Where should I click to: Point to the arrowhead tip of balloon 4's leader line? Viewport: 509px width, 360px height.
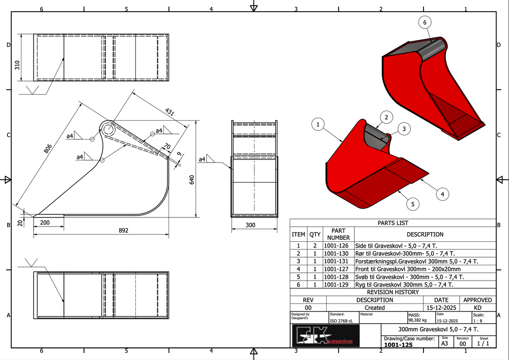(420, 179)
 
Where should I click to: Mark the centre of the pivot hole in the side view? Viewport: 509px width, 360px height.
(108, 130)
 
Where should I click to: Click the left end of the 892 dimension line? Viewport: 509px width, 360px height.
(34, 234)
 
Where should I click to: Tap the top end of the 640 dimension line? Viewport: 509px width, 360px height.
(196, 121)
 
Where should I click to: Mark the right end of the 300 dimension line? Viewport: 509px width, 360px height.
(277, 229)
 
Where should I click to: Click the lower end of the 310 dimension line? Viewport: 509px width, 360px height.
(21, 80)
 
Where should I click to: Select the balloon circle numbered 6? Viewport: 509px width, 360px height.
(425, 22)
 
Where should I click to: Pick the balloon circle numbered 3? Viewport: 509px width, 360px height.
(404, 129)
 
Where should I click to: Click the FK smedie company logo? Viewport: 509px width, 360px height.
(326, 336)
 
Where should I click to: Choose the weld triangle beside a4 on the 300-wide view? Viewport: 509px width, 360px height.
(210, 159)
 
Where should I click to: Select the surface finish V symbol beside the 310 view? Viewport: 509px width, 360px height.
(32, 90)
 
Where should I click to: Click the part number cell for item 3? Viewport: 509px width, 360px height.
(336, 261)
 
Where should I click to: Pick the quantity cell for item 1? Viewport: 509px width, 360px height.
(315, 246)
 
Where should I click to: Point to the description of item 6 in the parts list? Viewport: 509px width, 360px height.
(404, 285)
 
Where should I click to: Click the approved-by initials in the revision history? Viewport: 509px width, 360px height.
(477, 308)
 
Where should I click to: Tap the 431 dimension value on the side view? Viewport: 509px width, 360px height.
(169, 112)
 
